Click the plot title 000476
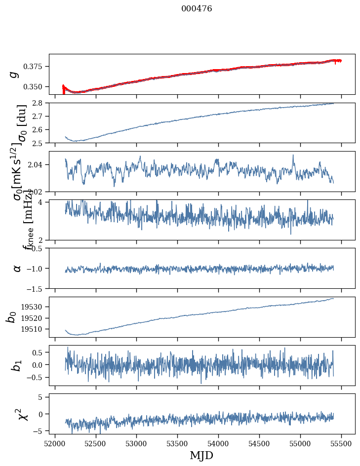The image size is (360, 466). pyautogui.click(x=197, y=9)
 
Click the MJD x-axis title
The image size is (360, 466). pyautogui.click(x=201, y=455)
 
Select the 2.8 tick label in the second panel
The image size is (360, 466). pyautogui.click(x=40, y=103)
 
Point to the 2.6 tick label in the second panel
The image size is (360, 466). pyautogui.click(x=40, y=130)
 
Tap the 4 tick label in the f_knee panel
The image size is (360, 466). pyautogui.click(x=43, y=202)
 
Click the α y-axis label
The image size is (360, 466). pyautogui.click(x=17, y=268)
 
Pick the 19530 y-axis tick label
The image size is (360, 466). pyautogui.click(x=35, y=307)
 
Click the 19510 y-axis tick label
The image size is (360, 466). pyautogui.click(x=35, y=329)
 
